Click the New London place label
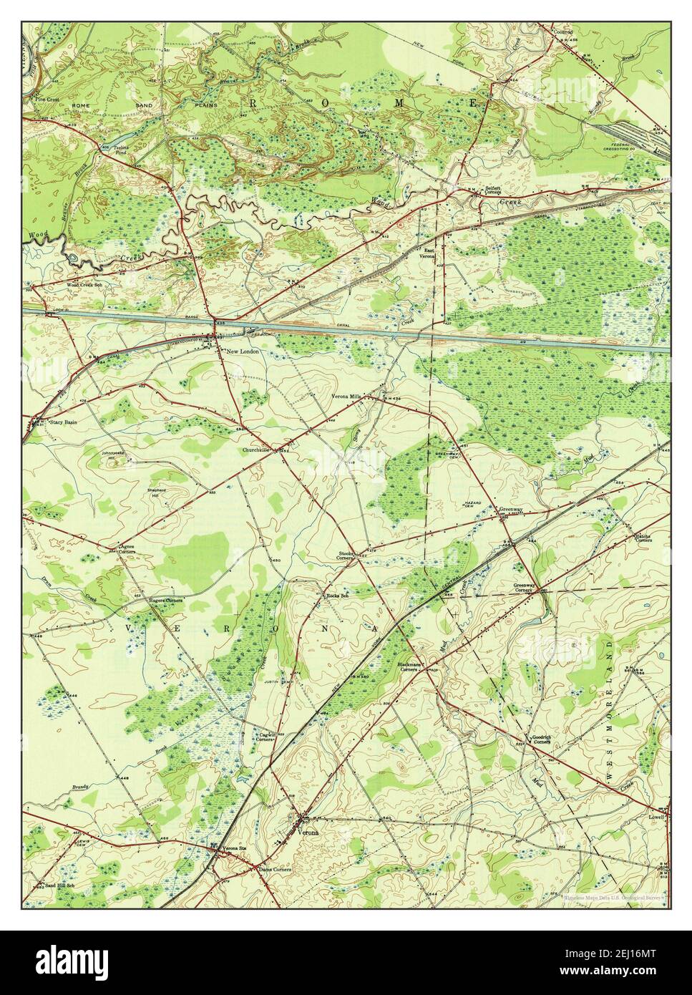pos(241,351)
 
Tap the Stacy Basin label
pos(63,422)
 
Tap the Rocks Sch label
pos(336,595)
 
